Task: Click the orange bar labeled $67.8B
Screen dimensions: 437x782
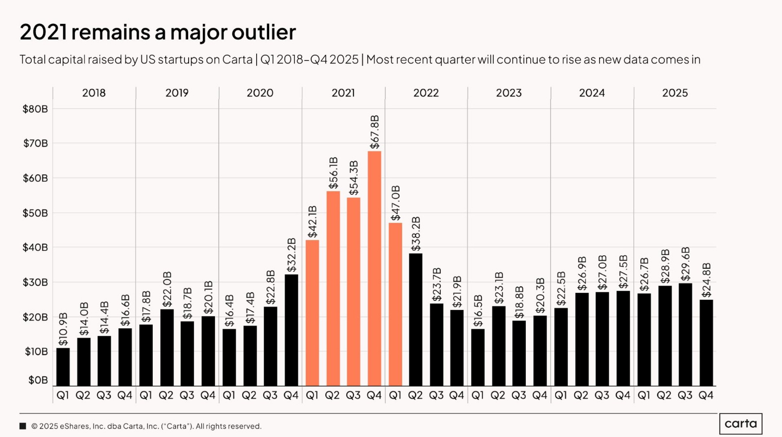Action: click(x=374, y=269)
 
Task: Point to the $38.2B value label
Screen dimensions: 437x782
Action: click(x=416, y=234)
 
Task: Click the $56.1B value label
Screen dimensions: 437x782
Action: click(x=333, y=173)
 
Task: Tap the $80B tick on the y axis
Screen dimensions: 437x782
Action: click(x=35, y=109)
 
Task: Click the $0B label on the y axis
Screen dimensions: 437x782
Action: click(x=38, y=380)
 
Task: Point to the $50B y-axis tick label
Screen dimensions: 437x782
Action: click(x=35, y=213)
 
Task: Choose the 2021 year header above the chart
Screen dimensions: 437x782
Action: click(x=343, y=93)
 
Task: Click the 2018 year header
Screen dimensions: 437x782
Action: click(x=94, y=93)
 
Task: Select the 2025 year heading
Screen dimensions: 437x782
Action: click(x=675, y=93)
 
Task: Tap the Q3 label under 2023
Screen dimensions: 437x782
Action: click(x=519, y=395)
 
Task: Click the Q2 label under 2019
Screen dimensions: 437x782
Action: click(x=166, y=395)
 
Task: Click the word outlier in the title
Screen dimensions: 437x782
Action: click(x=263, y=32)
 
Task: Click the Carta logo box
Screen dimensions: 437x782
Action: click(x=741, y=424)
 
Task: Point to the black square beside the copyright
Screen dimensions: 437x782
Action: click(x=23, y=426)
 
